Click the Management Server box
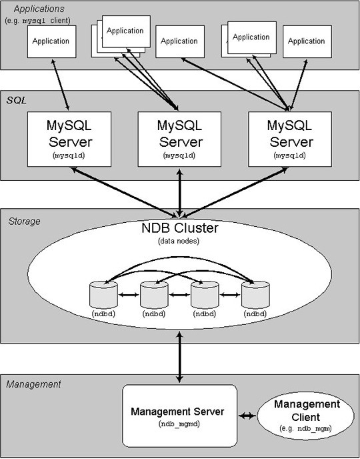click(179, 416)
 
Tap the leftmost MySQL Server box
click(69, 139)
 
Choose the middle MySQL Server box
click(179, 139)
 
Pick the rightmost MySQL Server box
click(290, 139)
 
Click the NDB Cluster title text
click(180, 228)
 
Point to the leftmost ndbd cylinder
click(104, 294)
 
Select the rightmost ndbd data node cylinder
click(255, 294)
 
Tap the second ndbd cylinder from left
click(154, 294)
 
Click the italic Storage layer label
click(24, 221)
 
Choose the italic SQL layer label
click(17, 100)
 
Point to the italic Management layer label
click(33, 384)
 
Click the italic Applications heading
click(39, 9)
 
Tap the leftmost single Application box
click(52, 41)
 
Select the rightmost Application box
click(307, 41)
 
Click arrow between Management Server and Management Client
click(247, 416)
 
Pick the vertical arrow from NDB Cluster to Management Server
click(180, 356)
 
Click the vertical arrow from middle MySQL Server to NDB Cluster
click(180, 193)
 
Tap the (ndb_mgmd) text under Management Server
click(177, 424)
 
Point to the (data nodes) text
click(179, 242)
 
